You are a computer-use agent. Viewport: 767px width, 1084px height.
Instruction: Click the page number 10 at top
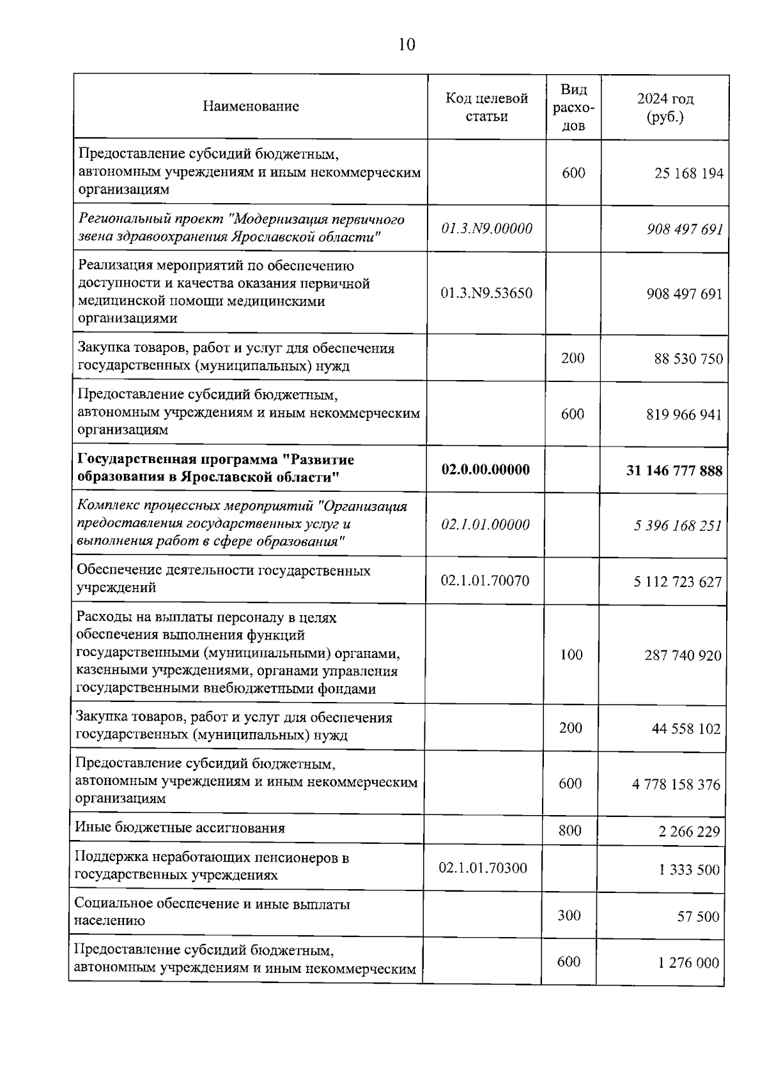point(407,44)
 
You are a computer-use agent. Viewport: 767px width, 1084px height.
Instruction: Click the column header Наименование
point(251,106)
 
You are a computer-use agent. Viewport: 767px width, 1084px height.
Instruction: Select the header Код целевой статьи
point(486,107)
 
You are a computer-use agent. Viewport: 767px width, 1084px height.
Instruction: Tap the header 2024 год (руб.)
point(665,107)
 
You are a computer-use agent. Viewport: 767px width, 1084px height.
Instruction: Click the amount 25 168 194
point(688,173)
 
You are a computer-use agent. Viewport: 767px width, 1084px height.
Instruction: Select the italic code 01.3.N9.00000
point(486,229)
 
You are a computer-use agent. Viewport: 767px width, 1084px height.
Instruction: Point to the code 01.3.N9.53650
point(486,293)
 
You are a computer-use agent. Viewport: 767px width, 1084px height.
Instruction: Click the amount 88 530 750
point(688,358)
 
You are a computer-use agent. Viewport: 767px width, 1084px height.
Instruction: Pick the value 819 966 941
point(684,415)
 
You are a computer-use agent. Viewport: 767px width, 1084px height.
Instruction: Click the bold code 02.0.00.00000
point(485,469)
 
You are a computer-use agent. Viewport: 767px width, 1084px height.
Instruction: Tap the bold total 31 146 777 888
point(674,471)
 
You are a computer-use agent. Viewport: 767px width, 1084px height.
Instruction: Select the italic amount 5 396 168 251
point(678,526)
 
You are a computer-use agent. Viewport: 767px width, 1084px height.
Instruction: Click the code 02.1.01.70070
point(484,581)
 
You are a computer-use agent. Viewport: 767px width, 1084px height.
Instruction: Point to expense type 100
point(571,654)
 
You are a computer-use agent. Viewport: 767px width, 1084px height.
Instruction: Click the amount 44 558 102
point(686,729)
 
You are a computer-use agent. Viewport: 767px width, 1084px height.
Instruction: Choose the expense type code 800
point(569,830)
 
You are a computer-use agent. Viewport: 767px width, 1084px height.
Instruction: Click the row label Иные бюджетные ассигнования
point(180,828)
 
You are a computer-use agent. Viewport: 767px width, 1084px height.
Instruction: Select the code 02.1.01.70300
point(483,867)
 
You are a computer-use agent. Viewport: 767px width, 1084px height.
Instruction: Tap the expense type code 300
point(569,915)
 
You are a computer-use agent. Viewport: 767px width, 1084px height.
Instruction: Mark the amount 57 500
point(698,917)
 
